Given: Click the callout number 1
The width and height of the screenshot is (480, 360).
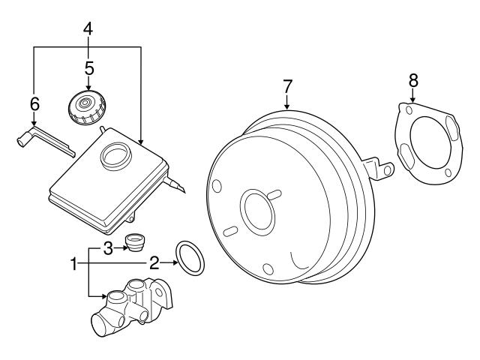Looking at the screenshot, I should click(x=73, y=263).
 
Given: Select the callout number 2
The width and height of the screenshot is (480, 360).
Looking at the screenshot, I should click(x=153, y=262).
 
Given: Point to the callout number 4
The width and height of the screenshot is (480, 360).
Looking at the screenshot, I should click(x=88, y=30).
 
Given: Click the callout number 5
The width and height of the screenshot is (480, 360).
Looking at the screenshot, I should click(x=88, y=68).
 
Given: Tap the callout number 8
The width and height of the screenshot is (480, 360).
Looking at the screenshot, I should click(x=412, y=79).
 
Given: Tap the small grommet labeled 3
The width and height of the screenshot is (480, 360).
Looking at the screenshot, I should click(x=136, y=244).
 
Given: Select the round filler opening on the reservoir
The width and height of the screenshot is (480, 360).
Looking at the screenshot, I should click(x=114, y=155).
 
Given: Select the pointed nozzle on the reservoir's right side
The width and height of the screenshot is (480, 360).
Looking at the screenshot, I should click(x=178, y=187).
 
